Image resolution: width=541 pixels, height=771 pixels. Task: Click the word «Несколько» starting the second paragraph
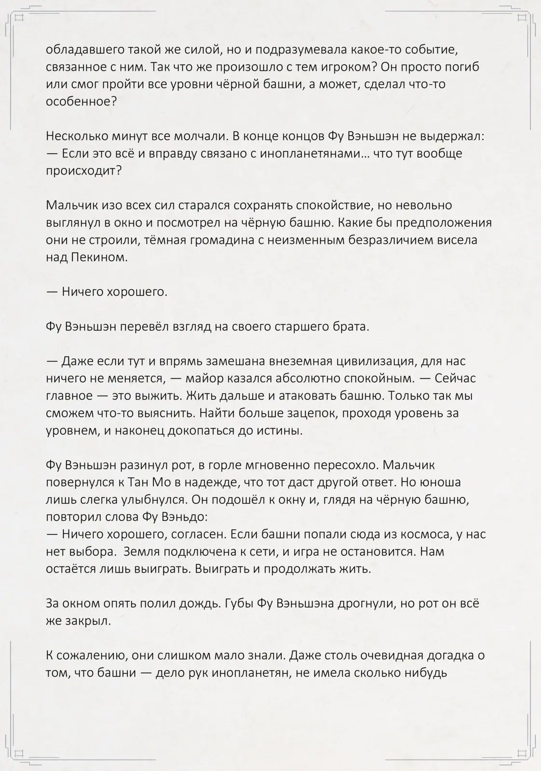click(x=76, y=136)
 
